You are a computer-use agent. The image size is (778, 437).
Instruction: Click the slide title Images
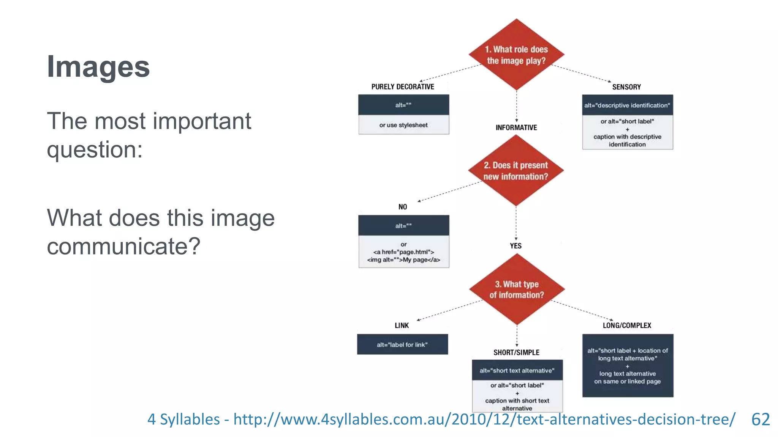point(98,67)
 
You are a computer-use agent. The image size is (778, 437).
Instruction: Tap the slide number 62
point(760,420)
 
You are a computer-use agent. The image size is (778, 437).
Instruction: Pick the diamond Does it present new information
point(516,171)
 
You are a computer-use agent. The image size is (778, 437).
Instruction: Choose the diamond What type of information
point(517,289)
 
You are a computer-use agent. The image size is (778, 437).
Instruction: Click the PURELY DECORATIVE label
point(403,87)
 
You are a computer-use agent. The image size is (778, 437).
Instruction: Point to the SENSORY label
point(626,87)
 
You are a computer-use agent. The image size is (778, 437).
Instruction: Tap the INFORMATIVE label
point(516,128)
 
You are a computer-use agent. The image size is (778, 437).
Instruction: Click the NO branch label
point(403,207)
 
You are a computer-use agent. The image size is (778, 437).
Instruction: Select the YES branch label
point(516,246)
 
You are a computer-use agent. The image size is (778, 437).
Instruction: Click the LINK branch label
point(402,325)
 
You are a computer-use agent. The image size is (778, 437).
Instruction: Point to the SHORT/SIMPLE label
point(516,352)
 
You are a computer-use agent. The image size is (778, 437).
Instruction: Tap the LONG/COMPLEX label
point(627,325)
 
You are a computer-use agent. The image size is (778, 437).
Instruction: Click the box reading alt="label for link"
point(402,344)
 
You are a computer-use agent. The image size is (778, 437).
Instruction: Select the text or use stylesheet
point(403,125)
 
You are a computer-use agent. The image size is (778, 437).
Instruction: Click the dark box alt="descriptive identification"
point(627,105)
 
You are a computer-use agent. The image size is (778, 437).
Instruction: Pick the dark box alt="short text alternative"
point(517,370)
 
